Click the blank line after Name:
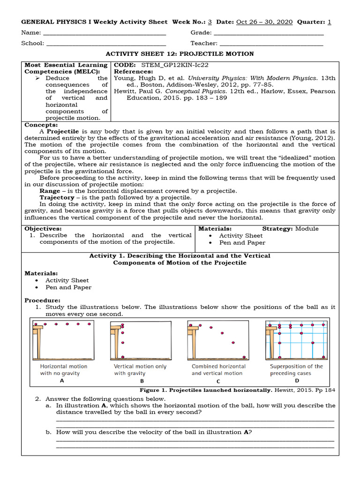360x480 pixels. coord(104,34)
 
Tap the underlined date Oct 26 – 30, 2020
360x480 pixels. coord(264,22)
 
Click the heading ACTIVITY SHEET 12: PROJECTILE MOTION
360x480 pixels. coord(180,54)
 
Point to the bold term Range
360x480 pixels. coord(50,191)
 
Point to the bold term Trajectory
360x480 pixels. coord(56,198)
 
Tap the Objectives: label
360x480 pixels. coord(43,229)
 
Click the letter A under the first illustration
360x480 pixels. coord(62,381)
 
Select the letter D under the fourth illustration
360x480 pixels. coord(297,381)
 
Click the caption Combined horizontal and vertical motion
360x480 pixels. coord(218,370)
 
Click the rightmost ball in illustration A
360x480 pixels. coord(90,324)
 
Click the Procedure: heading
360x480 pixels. coord(42,300)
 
